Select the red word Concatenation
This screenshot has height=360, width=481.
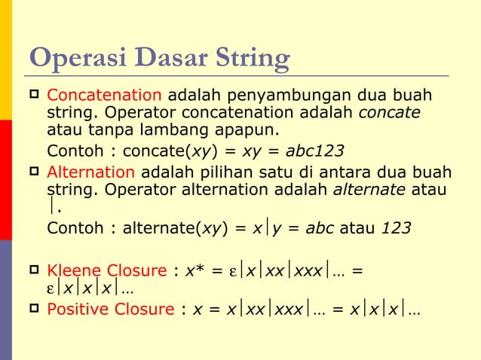tap(104, 97)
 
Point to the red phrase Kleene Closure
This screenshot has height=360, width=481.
tap(106, 270)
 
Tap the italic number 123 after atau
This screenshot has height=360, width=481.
tap(396, 227)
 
